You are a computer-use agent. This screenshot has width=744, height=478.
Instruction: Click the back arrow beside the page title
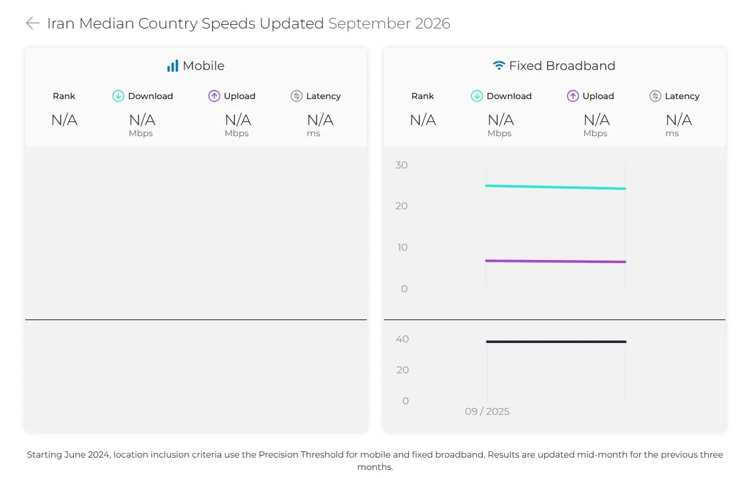33,24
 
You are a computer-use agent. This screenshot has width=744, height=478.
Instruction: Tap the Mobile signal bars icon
172,66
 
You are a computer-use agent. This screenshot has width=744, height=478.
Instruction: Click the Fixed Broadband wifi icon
499,66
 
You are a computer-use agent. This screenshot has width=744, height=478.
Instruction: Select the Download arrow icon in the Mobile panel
118,96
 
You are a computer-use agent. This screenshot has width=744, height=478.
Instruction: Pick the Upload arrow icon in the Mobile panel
214,96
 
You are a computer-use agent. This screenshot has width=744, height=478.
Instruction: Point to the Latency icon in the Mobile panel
296,96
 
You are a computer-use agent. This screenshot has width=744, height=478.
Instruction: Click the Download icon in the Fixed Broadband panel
476,96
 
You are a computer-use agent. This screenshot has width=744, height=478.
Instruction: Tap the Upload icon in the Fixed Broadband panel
572,96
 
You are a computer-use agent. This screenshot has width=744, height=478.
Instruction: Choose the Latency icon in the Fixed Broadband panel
655,96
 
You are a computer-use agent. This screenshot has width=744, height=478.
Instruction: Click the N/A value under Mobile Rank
64,120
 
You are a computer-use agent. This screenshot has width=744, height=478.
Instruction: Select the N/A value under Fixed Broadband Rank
423,120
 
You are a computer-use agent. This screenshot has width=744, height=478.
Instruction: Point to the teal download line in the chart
556,187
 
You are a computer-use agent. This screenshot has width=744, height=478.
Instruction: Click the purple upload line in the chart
556,261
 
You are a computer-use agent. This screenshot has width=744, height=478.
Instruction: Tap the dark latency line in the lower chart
556,342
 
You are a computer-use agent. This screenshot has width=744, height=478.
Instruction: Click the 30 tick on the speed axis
401,165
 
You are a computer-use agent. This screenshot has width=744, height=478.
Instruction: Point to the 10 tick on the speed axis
402,247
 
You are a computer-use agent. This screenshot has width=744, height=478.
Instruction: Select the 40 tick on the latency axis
402,339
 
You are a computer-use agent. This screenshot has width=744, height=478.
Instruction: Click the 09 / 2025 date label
487,411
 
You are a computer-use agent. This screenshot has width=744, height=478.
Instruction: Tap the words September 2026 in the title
389,24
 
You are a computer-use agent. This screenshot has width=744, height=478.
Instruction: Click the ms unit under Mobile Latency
313,134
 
